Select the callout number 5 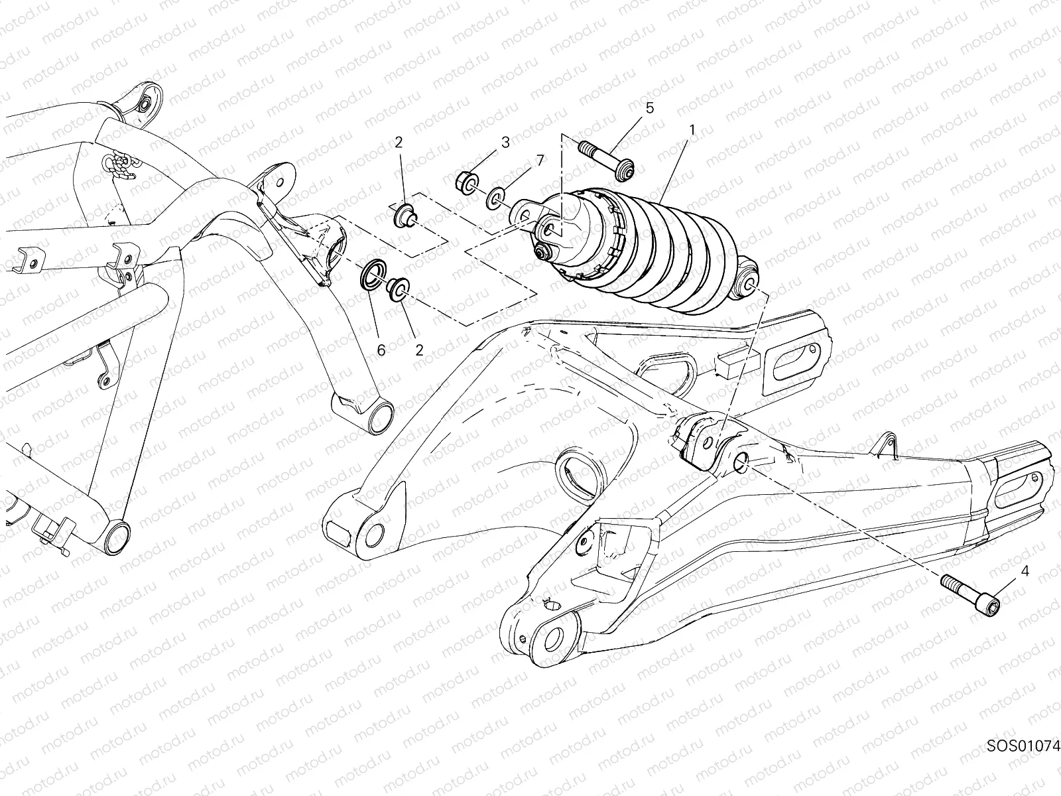coord(649,107)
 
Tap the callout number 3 coord(505,141)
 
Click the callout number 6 coord(381,350)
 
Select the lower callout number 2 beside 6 coord(419,350)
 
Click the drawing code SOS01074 coord(1023,763)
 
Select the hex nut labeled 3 coord(466,180)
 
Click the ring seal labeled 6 coord(373,274)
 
